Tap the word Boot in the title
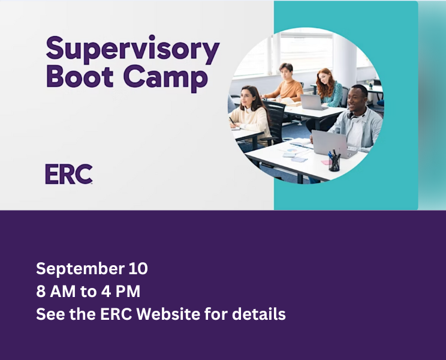80,76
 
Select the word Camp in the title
165,78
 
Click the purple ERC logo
69,174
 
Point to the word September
80,269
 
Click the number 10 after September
138,268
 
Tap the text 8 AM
56,292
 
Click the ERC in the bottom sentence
116,314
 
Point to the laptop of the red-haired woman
313,102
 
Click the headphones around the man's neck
358,115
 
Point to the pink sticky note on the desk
326,162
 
